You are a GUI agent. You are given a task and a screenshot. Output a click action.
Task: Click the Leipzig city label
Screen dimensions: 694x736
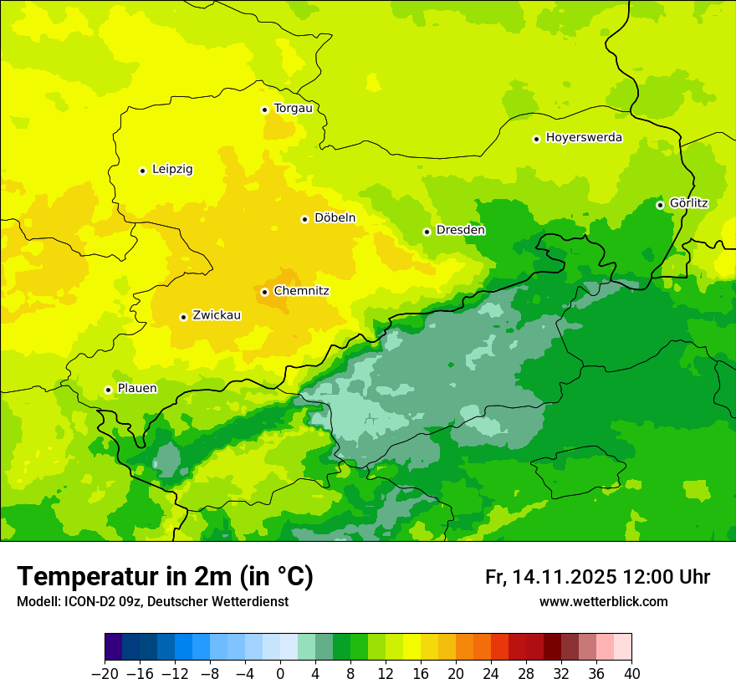point(172,170)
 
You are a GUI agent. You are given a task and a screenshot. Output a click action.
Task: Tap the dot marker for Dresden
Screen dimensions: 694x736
point(427,232)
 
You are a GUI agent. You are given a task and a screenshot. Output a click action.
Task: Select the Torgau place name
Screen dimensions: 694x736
point(293,108)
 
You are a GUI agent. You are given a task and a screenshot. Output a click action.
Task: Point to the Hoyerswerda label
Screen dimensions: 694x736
point(584,138)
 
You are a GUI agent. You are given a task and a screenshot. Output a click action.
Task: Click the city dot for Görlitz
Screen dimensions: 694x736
point(660,205)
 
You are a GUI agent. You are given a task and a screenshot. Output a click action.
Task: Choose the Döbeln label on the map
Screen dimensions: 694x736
point(335,218)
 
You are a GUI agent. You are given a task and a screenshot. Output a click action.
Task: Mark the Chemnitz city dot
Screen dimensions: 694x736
point(264,292)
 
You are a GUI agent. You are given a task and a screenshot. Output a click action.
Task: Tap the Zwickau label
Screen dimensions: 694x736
point(217,315)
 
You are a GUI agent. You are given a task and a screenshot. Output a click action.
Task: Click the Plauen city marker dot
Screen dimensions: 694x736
point(108,390)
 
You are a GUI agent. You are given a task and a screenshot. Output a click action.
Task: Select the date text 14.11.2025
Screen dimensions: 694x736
point(565,577)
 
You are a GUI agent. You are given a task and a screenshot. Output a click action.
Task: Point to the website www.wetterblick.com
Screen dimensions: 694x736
point(603,602)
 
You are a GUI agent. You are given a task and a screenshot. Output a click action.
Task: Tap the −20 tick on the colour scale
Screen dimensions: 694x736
point(105,674)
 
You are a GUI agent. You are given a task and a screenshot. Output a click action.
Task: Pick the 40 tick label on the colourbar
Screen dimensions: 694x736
point(631,674)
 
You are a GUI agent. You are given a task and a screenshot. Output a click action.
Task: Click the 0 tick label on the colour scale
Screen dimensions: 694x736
point(280,674)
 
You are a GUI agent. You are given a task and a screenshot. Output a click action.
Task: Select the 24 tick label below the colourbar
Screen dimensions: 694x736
point(491,674)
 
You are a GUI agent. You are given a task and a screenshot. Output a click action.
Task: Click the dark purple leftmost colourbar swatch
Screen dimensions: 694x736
point(113,647)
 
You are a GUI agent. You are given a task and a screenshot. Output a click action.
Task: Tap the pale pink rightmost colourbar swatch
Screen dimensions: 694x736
point(622,647)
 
